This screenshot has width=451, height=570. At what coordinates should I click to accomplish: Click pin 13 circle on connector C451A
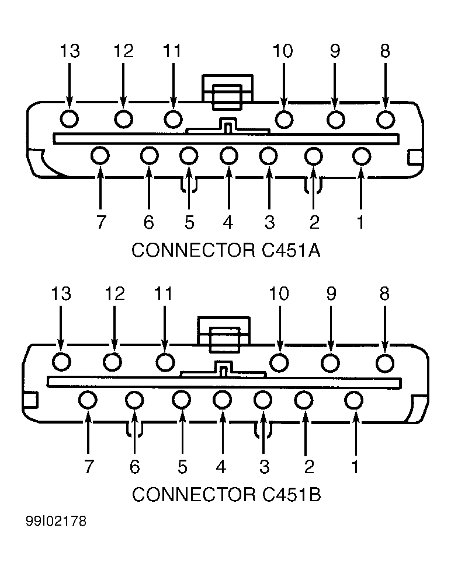tap(69, 118)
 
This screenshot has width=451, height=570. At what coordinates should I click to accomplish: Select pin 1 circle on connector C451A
tap(362, 156)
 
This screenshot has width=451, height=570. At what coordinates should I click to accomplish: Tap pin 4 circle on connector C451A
tap(228, 156)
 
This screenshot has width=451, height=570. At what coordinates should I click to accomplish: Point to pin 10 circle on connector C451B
tap(279, 362)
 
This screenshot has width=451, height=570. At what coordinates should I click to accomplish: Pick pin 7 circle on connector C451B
tap(88, 400)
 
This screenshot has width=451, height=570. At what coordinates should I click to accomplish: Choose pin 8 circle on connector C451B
tap(385, 363)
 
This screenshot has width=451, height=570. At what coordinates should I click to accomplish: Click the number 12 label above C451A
tap(124, 51)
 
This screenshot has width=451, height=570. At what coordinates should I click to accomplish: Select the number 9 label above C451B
tap(331, 293)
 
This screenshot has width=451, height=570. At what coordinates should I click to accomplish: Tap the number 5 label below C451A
tap(189, 222)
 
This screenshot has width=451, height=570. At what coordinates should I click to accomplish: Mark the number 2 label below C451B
tap(308, 466)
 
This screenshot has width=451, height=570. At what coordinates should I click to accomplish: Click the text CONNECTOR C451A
tap(225, 250)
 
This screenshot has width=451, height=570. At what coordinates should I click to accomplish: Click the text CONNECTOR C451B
tap(227, 494)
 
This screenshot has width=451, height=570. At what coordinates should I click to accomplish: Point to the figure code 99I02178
tap(56, 521)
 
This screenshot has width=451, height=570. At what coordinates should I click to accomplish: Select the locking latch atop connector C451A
tap(227, 92)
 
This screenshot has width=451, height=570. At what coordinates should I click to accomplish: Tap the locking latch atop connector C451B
tap(224, 335)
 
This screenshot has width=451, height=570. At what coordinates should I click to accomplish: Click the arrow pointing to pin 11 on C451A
tap(174, 86)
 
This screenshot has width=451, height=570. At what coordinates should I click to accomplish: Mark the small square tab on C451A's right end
tap(415, 157)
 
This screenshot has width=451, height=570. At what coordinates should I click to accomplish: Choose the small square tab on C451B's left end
tap(30, 400)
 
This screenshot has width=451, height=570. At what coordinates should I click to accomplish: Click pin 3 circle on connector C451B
tap(263, 400)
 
